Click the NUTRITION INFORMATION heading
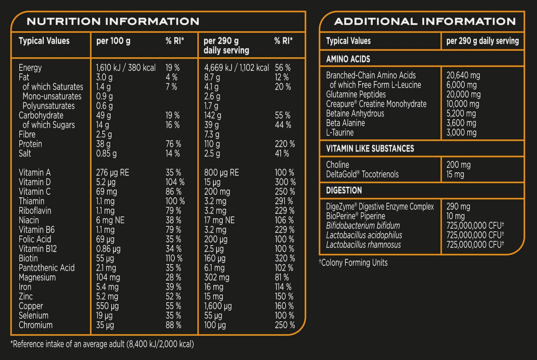tap(113, 21)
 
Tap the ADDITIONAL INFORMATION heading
tap(425, 21)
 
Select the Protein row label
tap(30, 144)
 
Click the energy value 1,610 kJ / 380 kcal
tap(126, 68)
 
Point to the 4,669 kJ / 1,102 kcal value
tap(236, 68)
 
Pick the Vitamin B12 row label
tap(38, 249)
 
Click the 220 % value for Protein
tap(285, 144)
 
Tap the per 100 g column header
tap(113, 41)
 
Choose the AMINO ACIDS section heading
tap(348, 59)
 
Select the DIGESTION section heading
tap(344, 190)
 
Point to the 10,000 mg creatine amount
tap(463, 104)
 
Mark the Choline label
tap(337, 165)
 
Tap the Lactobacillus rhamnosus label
tap(363, 245)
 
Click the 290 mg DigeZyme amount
tap(458, 207)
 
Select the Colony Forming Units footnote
tap(353, 263)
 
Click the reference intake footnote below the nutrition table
tap(102, 344)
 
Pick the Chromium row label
tap(35, 325)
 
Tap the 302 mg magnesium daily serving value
tap(217, 278)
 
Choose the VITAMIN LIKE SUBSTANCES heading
tap(370, 149)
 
